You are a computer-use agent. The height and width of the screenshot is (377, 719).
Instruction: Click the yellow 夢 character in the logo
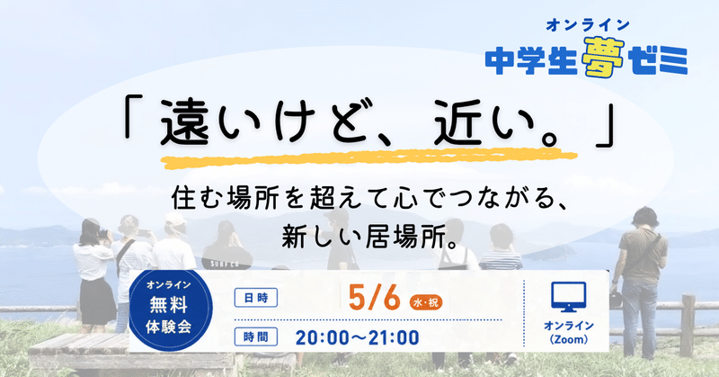(603, 58)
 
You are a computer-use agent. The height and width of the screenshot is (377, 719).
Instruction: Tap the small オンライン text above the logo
(588, 25)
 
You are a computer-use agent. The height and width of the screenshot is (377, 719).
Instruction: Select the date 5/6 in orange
(375, 298)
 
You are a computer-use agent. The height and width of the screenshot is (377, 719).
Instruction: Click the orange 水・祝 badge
(425, 302)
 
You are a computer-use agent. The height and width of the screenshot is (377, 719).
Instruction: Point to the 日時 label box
(256, 298)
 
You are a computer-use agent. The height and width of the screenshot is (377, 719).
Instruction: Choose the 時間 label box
(256, 337)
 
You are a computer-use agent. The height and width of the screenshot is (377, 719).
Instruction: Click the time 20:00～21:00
(357, 337)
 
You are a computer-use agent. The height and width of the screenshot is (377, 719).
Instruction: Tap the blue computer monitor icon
(568, 297)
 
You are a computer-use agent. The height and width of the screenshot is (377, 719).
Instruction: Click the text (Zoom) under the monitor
(569, 340)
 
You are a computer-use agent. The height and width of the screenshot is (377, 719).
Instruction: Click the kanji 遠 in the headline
(184, 121)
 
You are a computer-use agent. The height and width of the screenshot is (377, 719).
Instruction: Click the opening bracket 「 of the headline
(131, 115)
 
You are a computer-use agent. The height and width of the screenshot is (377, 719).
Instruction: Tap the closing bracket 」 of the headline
(605, 129)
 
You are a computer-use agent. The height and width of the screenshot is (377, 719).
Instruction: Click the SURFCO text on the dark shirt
(226, 264)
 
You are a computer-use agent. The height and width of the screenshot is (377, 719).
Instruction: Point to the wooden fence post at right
(687, 325)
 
